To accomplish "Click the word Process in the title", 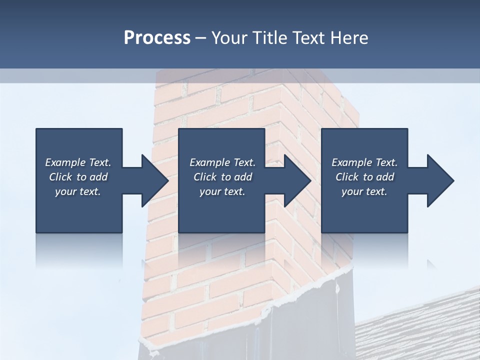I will coord(157,38).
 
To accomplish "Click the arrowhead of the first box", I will coord(155,180).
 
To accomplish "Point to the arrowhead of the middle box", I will coord(298,180).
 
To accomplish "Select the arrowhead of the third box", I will coord(441,180).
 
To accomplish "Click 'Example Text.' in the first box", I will coord(78,162).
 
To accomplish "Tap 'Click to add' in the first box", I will coord(78,177).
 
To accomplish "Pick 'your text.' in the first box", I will coord(78,191).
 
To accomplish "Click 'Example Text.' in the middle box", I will coord(222,162).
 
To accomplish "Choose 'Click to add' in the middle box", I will coord(222,177).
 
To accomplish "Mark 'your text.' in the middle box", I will coord(222,191).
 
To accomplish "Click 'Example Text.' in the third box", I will coord(364,162).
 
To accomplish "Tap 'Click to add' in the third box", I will coord(364,177).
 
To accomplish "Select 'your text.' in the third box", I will coord(364,191).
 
